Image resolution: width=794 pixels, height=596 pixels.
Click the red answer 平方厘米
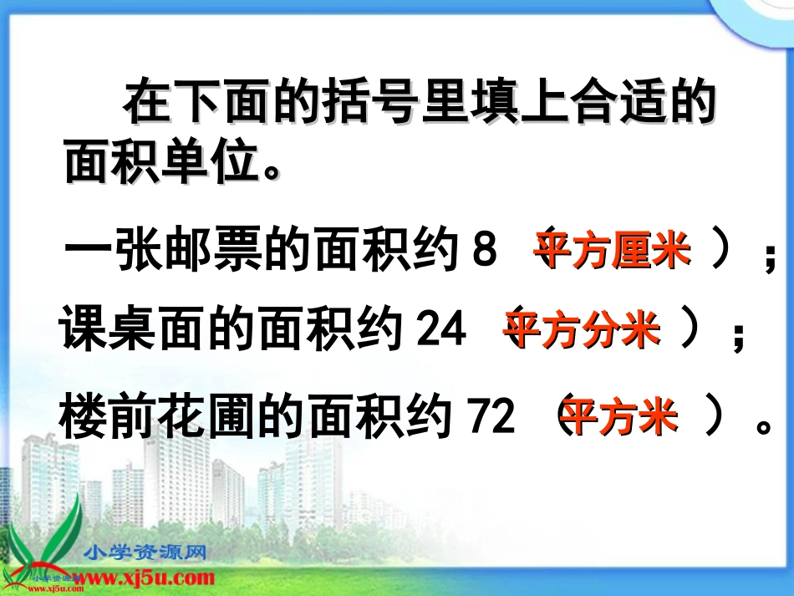pyautogui.click(x=613, y=250)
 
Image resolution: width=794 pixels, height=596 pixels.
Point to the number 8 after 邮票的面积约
pyautogui.click(x=485, y=251)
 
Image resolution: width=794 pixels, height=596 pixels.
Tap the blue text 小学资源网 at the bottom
pyautogui.click(x=145, y=553)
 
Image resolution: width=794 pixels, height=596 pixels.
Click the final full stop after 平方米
pyautogui.click(x=761, y=424)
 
